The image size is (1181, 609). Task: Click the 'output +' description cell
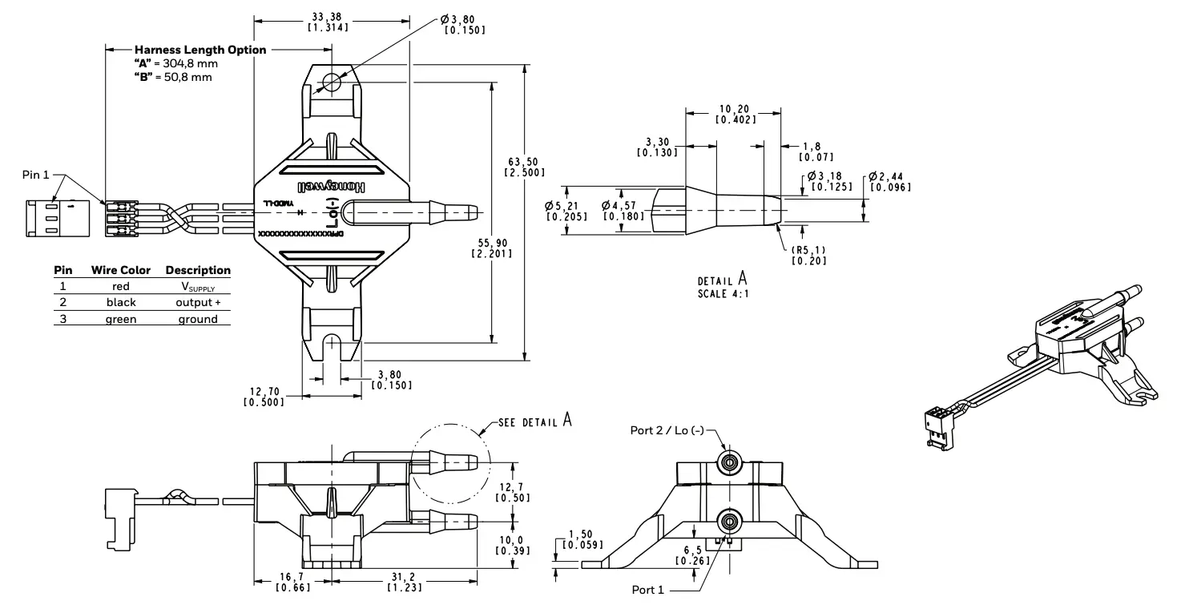point(197,302)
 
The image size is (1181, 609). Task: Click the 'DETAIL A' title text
point(722,281)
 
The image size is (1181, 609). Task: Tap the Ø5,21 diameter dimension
point(565,210)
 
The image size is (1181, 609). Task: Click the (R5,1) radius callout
point(808,255)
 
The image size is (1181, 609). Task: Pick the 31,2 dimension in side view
point(397,583)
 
